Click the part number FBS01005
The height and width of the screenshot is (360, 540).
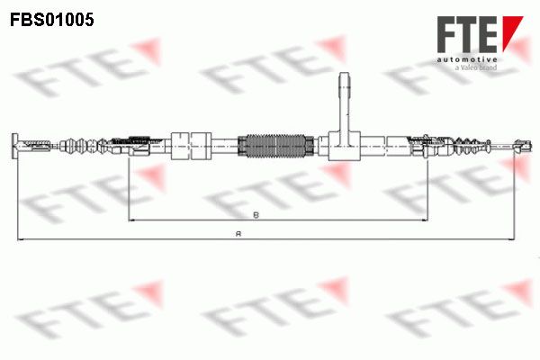click(52, 20)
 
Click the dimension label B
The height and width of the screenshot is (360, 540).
click(256, 215)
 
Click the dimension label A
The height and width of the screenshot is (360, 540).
click(238, 234)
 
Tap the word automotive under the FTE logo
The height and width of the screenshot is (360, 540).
click(467, 59)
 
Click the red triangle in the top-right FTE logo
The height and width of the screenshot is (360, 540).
click(511, 31)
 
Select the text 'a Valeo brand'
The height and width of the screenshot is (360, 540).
click(476, 67)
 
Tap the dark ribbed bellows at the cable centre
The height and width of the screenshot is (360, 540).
click(276, 146)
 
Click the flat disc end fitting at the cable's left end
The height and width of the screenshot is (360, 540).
click(14, 146)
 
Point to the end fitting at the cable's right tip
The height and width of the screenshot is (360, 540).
click(523, 146)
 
